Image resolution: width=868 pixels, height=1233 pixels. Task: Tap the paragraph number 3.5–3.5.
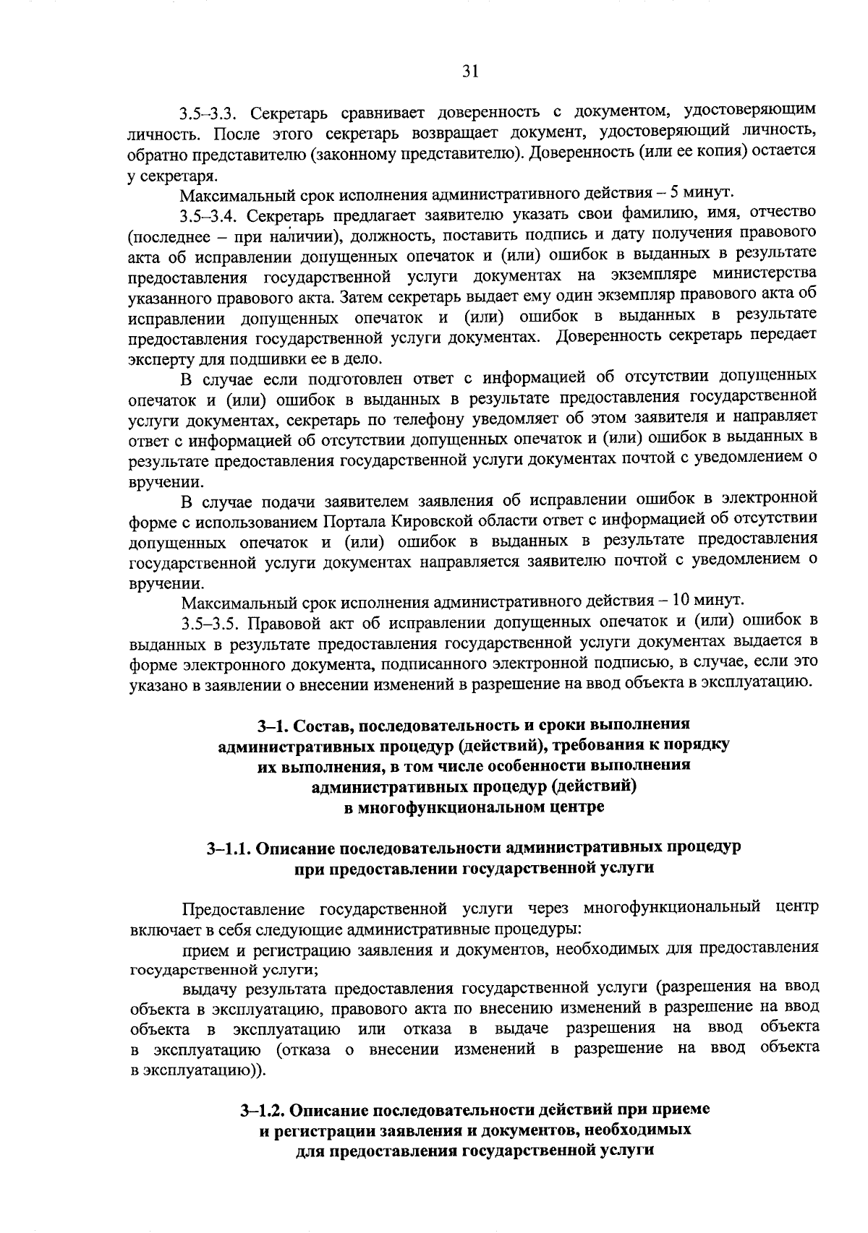point(210,621)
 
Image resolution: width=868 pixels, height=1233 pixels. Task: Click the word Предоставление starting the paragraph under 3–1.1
point(244,908)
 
